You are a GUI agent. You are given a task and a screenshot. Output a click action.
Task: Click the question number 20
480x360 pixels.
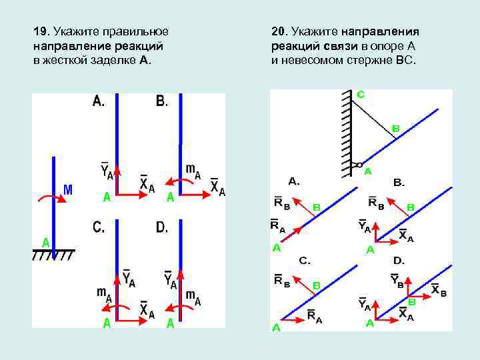(279, 31)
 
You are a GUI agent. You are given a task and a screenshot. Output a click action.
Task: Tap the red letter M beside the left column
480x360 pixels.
(68, 191)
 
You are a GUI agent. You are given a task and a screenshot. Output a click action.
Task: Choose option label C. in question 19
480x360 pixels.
(99, 228)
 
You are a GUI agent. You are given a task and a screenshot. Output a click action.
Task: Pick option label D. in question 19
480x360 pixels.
(162, 228)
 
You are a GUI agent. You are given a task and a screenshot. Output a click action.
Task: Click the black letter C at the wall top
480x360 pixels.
(360, 95)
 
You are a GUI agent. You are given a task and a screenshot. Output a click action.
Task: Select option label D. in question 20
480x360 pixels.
(399, 260)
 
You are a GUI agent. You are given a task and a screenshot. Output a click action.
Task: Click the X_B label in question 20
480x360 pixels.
(439, 289)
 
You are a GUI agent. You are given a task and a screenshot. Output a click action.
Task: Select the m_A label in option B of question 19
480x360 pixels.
(192, 171)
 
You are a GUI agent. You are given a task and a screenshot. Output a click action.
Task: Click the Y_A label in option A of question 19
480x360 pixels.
(107, 171)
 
